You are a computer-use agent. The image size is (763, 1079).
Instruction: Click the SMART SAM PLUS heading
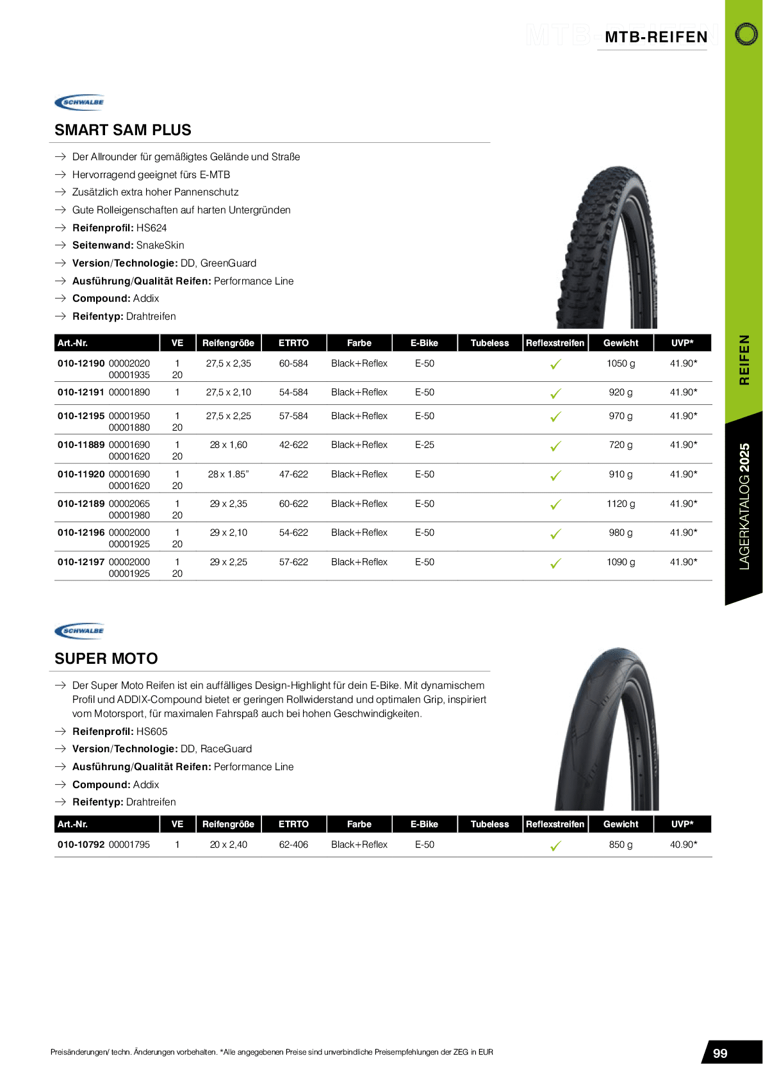coord(123,130)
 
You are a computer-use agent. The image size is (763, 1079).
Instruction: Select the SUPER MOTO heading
coord(106,659)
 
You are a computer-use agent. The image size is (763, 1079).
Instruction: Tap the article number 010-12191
coord(81,392)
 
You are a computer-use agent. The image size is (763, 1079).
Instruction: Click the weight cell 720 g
coord(620,445)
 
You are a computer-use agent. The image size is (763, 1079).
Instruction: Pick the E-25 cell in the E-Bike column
coord(424,445)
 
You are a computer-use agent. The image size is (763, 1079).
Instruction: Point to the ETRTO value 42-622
coord(293,445)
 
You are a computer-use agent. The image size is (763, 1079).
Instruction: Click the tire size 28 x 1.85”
coord(228,474)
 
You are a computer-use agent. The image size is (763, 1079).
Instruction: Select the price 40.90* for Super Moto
coord(683,844)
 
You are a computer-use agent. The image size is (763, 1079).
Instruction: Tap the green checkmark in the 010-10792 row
coord(555,846)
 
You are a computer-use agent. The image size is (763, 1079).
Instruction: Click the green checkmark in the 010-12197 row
coord(555,563)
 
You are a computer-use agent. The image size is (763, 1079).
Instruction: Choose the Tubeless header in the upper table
coord(489,343)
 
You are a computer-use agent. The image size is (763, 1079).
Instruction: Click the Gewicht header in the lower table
coord(620,824)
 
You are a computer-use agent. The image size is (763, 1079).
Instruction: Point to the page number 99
coord(720,1053)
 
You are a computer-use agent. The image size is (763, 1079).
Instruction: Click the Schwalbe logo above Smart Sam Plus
coord(79,102)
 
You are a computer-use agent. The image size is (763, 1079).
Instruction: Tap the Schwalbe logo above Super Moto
coord(79,630)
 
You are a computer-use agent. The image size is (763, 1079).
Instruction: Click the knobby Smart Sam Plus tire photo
coord(607,247)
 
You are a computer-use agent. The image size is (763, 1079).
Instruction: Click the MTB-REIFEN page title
coord(656,37)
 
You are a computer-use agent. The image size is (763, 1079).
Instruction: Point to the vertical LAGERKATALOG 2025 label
coord(744,506)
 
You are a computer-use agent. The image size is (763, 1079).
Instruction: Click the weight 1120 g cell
coord(620,504)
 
